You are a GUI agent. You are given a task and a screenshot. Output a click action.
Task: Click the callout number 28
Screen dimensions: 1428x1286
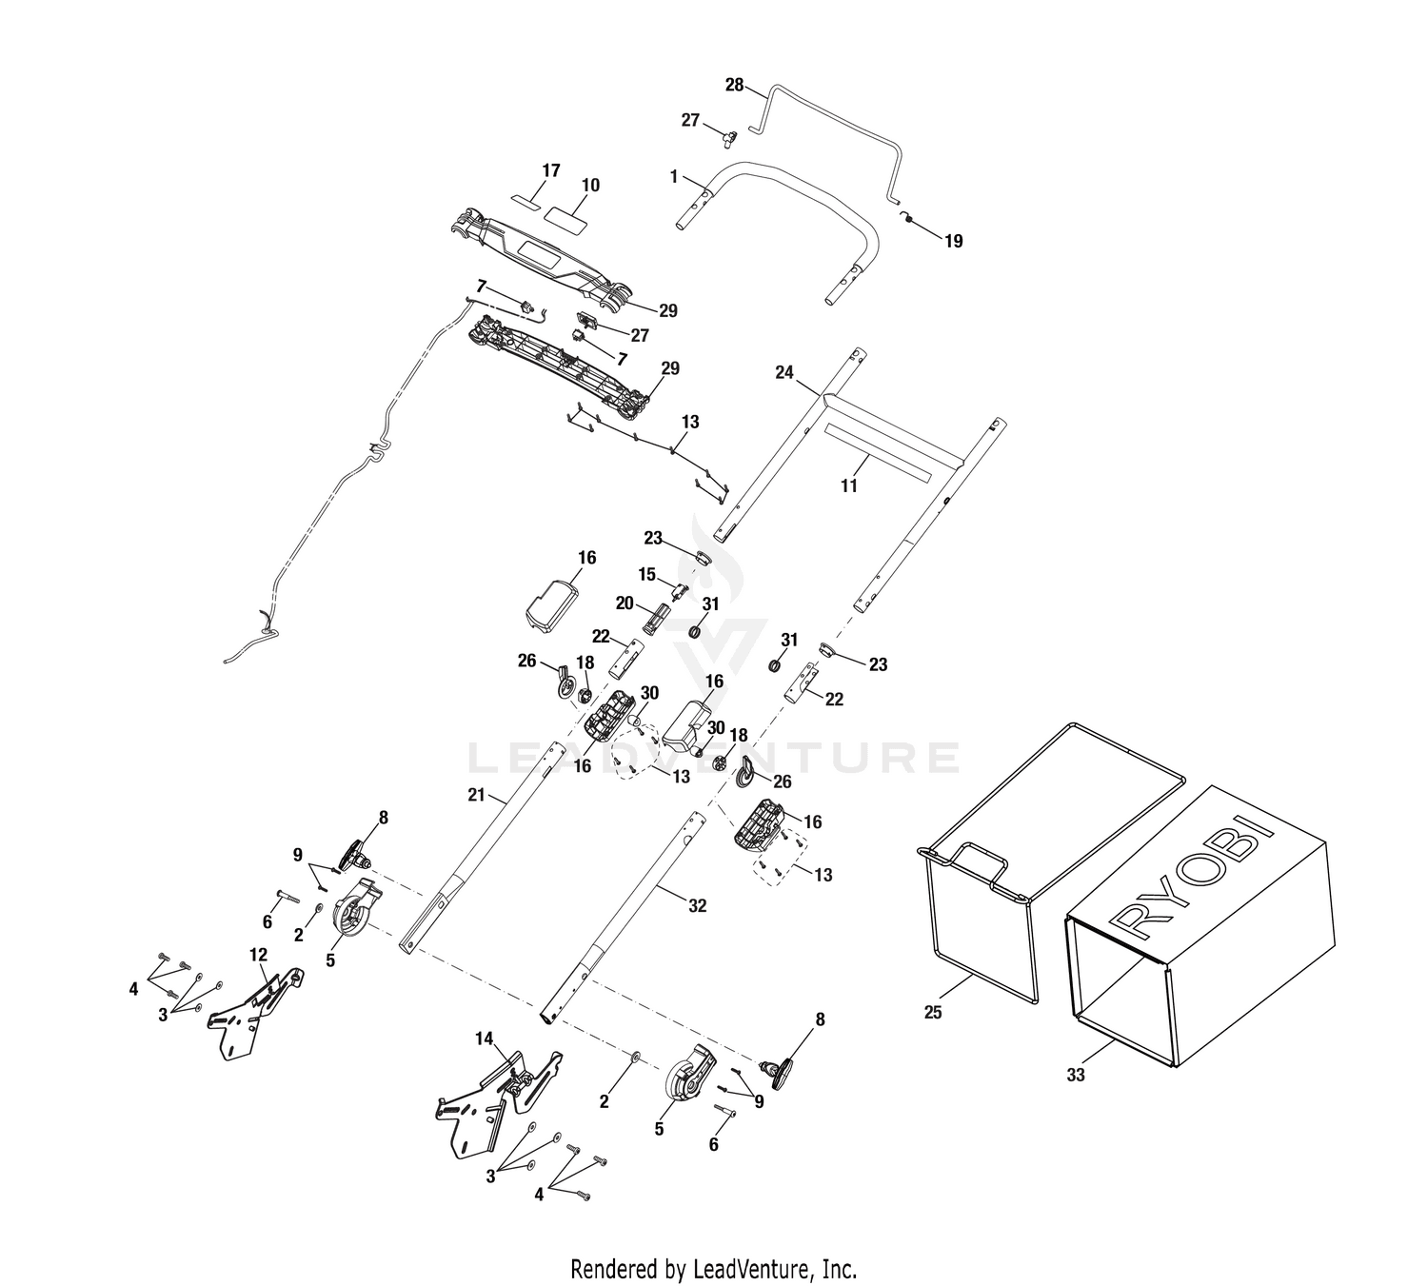[734, 86]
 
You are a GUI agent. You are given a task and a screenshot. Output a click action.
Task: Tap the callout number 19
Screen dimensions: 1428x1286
[953, 242]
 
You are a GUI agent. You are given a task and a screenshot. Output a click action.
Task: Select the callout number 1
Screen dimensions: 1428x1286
[674, 177]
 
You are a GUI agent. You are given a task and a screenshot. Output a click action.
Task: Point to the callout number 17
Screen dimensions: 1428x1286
[551, 171]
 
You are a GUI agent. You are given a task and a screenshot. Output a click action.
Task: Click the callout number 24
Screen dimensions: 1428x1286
[784, 372]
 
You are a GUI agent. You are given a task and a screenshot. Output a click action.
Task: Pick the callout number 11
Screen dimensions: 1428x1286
[848, 485]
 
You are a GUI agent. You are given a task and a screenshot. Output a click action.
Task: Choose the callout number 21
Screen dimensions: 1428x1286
[476, 796]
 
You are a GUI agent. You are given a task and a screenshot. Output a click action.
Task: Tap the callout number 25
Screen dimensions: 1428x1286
[933, 1012]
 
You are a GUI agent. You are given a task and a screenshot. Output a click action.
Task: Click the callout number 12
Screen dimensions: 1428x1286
[258, 954]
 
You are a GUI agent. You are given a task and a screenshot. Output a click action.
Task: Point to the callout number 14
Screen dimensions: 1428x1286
[484, 1039]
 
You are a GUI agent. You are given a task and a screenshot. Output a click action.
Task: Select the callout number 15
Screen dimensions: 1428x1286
[646, 574]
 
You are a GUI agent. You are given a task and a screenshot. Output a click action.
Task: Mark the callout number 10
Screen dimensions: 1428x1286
[591, 185]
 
